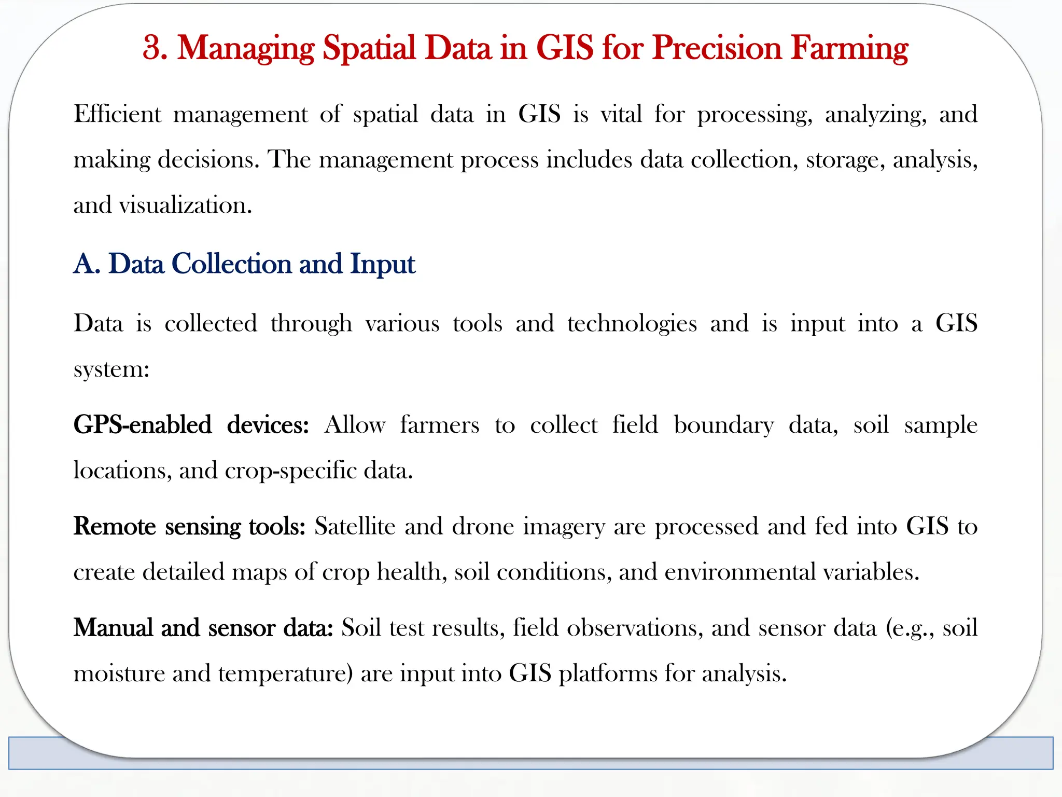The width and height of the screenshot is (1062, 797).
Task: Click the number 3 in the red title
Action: (x=152, y=48)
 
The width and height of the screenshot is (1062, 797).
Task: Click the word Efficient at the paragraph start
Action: (x=117, y=114)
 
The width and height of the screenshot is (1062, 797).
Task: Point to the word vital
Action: (x=621, y=114)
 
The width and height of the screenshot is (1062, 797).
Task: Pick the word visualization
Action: (x=185, y=205)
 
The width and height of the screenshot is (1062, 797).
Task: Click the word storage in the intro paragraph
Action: (x=845, y=160)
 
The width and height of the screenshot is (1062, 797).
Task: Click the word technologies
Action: (x=632, y=324)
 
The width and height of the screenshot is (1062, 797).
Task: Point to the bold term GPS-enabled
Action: (x=143, y=425)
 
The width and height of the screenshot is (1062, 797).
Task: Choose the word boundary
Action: (x=723, y=425)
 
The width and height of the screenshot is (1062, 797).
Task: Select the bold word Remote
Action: (x=115, y=526)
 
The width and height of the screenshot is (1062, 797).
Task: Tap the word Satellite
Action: (x=355, y=526)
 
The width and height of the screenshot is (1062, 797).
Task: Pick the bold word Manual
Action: (x=113, y=628)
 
